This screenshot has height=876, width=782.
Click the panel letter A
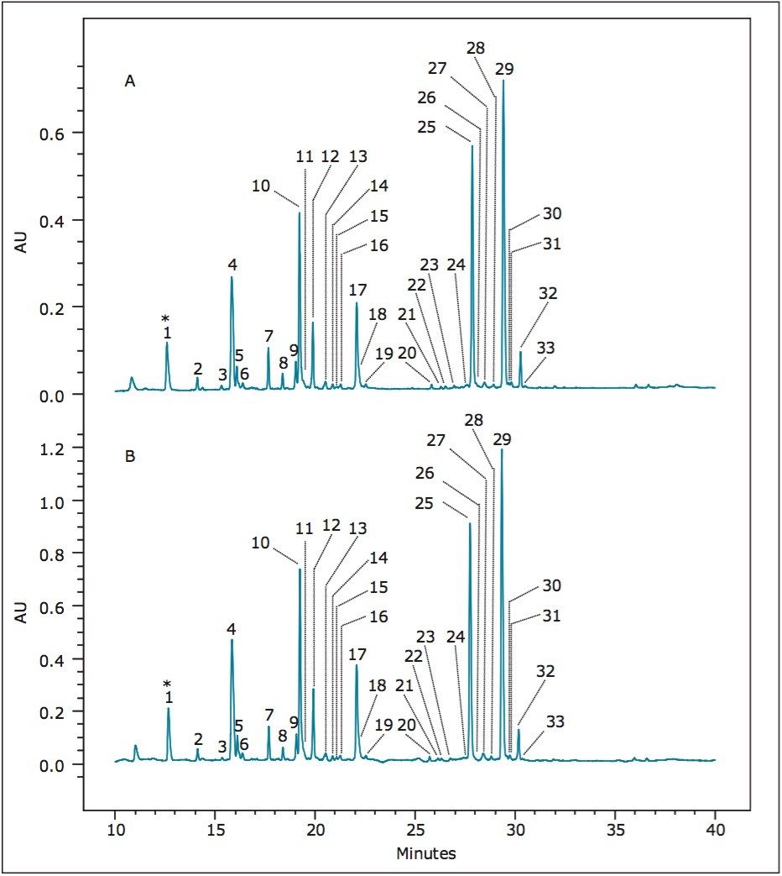tap(130, 81)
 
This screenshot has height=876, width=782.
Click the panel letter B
tap(130, 458)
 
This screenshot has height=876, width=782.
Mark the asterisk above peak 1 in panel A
tap(166, 318)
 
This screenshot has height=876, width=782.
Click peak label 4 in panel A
tap(232, 265)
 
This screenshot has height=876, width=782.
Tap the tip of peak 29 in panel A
tap(503, 81)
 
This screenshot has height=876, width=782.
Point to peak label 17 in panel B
tap(357, 654)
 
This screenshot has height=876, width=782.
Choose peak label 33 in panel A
tap(545, 348)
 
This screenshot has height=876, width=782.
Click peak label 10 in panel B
tap(260, 543)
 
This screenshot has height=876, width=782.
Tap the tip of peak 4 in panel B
tap(232, 640)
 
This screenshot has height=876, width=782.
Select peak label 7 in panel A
tap(268, 337)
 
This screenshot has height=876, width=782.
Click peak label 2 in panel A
tap(197, 369)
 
